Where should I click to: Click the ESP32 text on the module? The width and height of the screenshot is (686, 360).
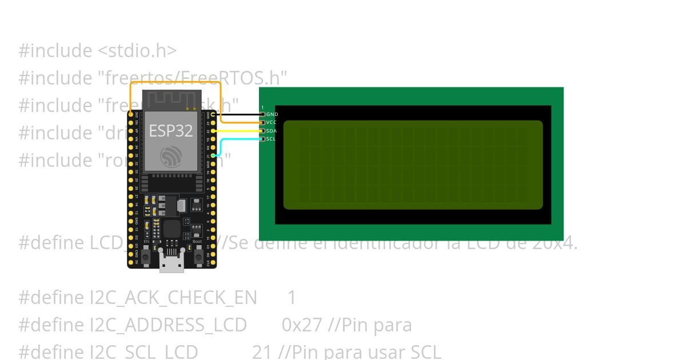171,130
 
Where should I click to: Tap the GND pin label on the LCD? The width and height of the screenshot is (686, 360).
272,114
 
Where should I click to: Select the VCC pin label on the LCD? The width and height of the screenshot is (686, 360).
272,122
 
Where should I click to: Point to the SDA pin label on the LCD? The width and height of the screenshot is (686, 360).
272,131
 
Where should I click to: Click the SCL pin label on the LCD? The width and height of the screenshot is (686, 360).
271,139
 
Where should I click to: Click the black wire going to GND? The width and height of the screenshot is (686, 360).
240,122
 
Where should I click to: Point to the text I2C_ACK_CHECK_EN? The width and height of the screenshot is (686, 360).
137,297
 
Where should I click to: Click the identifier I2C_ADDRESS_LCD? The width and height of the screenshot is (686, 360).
132,325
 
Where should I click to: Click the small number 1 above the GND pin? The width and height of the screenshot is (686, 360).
262,107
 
